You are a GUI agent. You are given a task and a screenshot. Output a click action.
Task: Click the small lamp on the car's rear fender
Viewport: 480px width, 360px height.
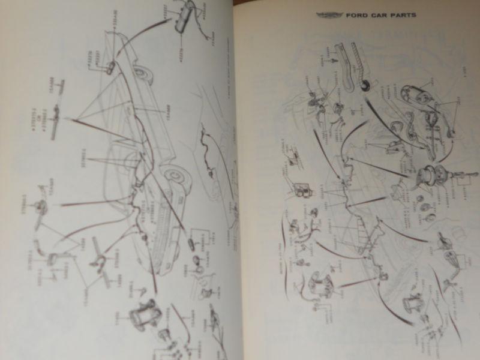point(112,65)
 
